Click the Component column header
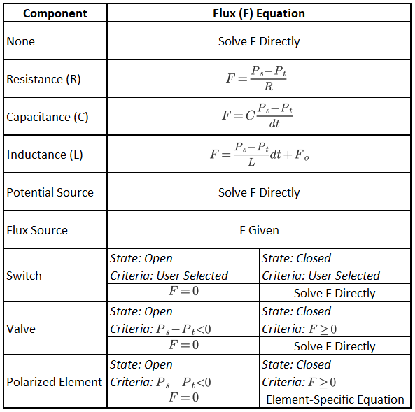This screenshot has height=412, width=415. [55, 13]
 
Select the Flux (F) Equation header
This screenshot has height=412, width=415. [259, 13]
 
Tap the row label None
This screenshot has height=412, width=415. [20, 41]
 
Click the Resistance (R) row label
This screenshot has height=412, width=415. [43, 79]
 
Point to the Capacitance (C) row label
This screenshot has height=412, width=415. [48, 117]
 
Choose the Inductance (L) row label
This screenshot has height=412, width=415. [45, 155]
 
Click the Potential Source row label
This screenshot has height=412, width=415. [50, 192]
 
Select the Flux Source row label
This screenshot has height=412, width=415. [37, 230]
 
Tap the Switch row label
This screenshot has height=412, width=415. [24, 276]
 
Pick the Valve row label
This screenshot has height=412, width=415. [21, 329]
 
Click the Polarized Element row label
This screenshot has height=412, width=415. [55, 382]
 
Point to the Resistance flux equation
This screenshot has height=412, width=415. [256, 78]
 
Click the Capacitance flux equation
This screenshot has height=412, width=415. [258, 116]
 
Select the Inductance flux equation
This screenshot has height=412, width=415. [260, 155]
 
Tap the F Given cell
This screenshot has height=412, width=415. [259, 230]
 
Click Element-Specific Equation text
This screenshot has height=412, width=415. [335, 399]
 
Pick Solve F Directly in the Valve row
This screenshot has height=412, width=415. [335, 346]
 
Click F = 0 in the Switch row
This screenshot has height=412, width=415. [183, 291]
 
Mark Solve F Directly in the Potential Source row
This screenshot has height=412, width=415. [259, 192]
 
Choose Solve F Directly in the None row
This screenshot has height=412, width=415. [259, 41]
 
